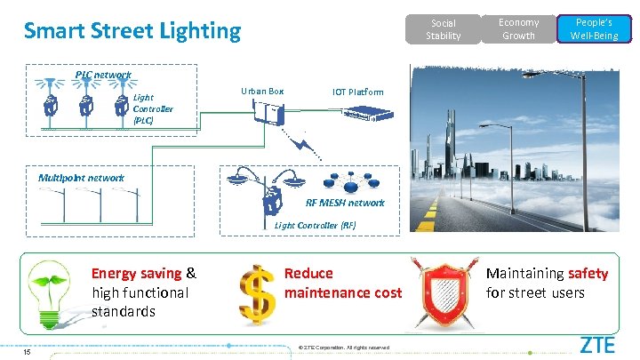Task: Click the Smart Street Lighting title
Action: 132,31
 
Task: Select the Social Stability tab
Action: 443,29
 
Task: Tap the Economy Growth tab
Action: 518,28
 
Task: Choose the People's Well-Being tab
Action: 596,28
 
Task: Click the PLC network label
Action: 102,75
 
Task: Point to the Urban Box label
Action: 262,91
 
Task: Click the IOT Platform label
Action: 358,92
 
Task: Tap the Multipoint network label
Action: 81,177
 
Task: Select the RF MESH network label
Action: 345,203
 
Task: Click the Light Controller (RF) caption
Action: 315,225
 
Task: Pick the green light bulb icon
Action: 52,292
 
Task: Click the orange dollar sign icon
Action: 256,292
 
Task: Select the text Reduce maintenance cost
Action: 342,283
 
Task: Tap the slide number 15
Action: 28,352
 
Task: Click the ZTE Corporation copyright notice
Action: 344,347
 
